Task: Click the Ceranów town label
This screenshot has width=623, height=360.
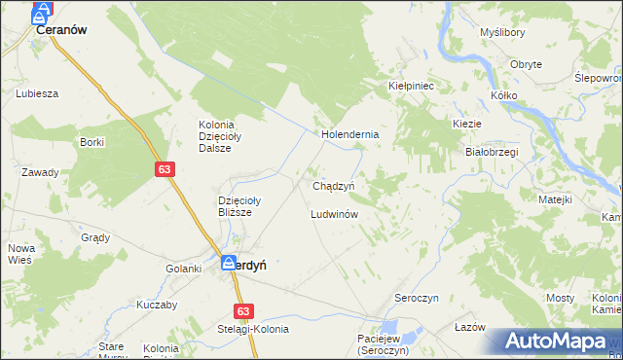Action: coord(61,30)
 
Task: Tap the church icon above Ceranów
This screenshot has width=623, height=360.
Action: coord(42,13)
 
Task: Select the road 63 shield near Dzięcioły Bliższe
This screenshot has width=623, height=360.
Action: coord(164,169)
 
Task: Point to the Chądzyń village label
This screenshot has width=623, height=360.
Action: coord(339,185)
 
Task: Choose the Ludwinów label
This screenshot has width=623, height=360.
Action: coord(336,213)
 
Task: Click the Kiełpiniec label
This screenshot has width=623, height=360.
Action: coord(410,86)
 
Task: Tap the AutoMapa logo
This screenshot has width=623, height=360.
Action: coord(559,342)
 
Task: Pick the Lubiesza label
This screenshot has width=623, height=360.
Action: coord(38,93)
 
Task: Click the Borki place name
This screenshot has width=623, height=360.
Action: coord(92,142)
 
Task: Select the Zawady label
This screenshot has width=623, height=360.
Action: coord(40,172)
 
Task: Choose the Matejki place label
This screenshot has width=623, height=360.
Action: coord(555,198)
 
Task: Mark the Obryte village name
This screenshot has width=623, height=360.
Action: coord(526,64)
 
